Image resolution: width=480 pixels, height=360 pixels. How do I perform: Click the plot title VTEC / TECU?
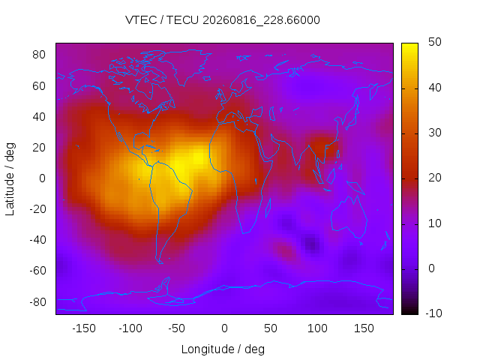(x=162, y=20)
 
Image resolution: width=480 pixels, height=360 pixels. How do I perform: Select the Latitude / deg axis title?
(x=10, y=179)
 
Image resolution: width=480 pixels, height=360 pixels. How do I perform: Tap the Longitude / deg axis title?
(x=223, y=349)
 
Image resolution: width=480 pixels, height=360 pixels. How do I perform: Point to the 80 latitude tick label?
(x=39, y=55)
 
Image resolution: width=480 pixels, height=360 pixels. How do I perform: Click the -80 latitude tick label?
(x=37, y=302)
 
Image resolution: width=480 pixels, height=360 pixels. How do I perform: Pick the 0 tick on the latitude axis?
(x=42, y=178)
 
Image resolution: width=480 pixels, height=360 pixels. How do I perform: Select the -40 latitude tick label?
(x=37, y=240)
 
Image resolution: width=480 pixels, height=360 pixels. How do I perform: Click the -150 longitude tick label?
(x=84, y=328)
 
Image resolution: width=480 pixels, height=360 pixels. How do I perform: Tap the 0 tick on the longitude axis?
(x=224, y=328)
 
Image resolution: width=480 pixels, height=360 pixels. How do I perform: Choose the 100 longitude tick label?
(x=317, y=328)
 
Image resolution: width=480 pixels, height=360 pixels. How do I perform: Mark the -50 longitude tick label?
(x=176, y=328)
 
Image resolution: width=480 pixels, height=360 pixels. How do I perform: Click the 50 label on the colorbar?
(x=435, y=42)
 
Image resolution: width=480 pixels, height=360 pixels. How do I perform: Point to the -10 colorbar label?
(x=433, y=313)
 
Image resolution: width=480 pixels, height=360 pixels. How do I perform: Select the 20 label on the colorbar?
(x=435, y=178)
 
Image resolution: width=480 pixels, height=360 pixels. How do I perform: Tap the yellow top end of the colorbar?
(x=409, y=45)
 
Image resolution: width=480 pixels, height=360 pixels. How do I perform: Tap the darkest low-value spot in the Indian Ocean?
(x=312, y=244)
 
